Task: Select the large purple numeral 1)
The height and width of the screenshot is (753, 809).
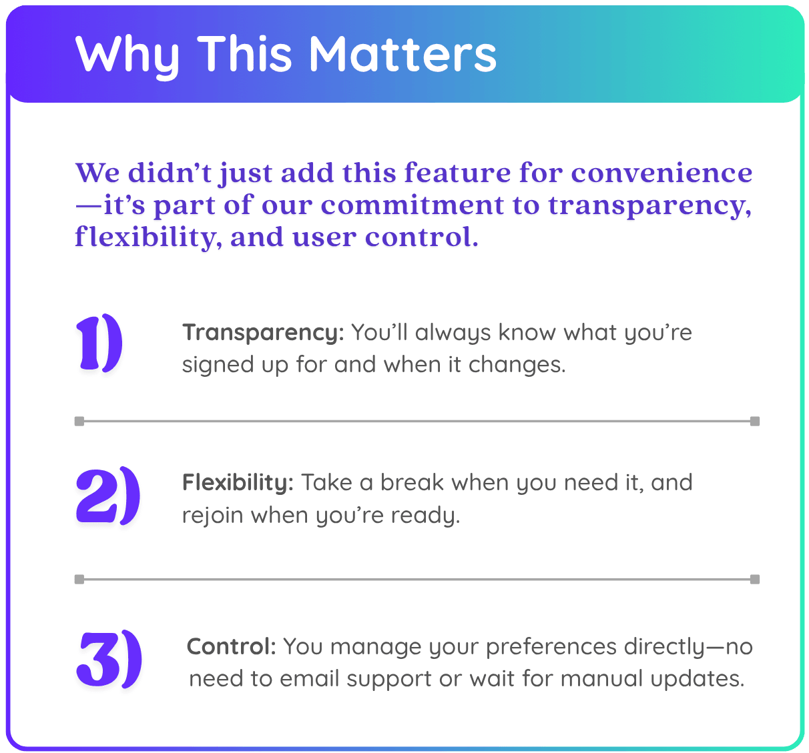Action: pos(99,342)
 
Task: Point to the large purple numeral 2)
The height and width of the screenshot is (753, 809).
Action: pos(108,496)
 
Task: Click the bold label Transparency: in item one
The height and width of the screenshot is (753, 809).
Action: pos(263,333)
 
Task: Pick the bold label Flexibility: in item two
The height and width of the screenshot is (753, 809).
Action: pos(238,482)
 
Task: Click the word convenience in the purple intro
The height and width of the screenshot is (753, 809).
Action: pos(661,173)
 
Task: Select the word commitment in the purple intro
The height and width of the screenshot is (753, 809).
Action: pos(413,205)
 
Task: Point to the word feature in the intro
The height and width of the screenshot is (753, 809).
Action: pos(457,172)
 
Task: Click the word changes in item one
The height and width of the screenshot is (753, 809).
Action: pos(517,364)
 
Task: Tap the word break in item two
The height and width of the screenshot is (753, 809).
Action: pos(412,483)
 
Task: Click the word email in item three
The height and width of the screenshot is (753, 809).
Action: pos(310,678)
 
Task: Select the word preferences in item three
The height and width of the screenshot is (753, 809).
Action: pos(551,648)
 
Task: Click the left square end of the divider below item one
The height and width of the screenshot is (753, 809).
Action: pos(79,422)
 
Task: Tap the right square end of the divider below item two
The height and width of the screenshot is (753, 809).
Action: pos(755,579)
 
